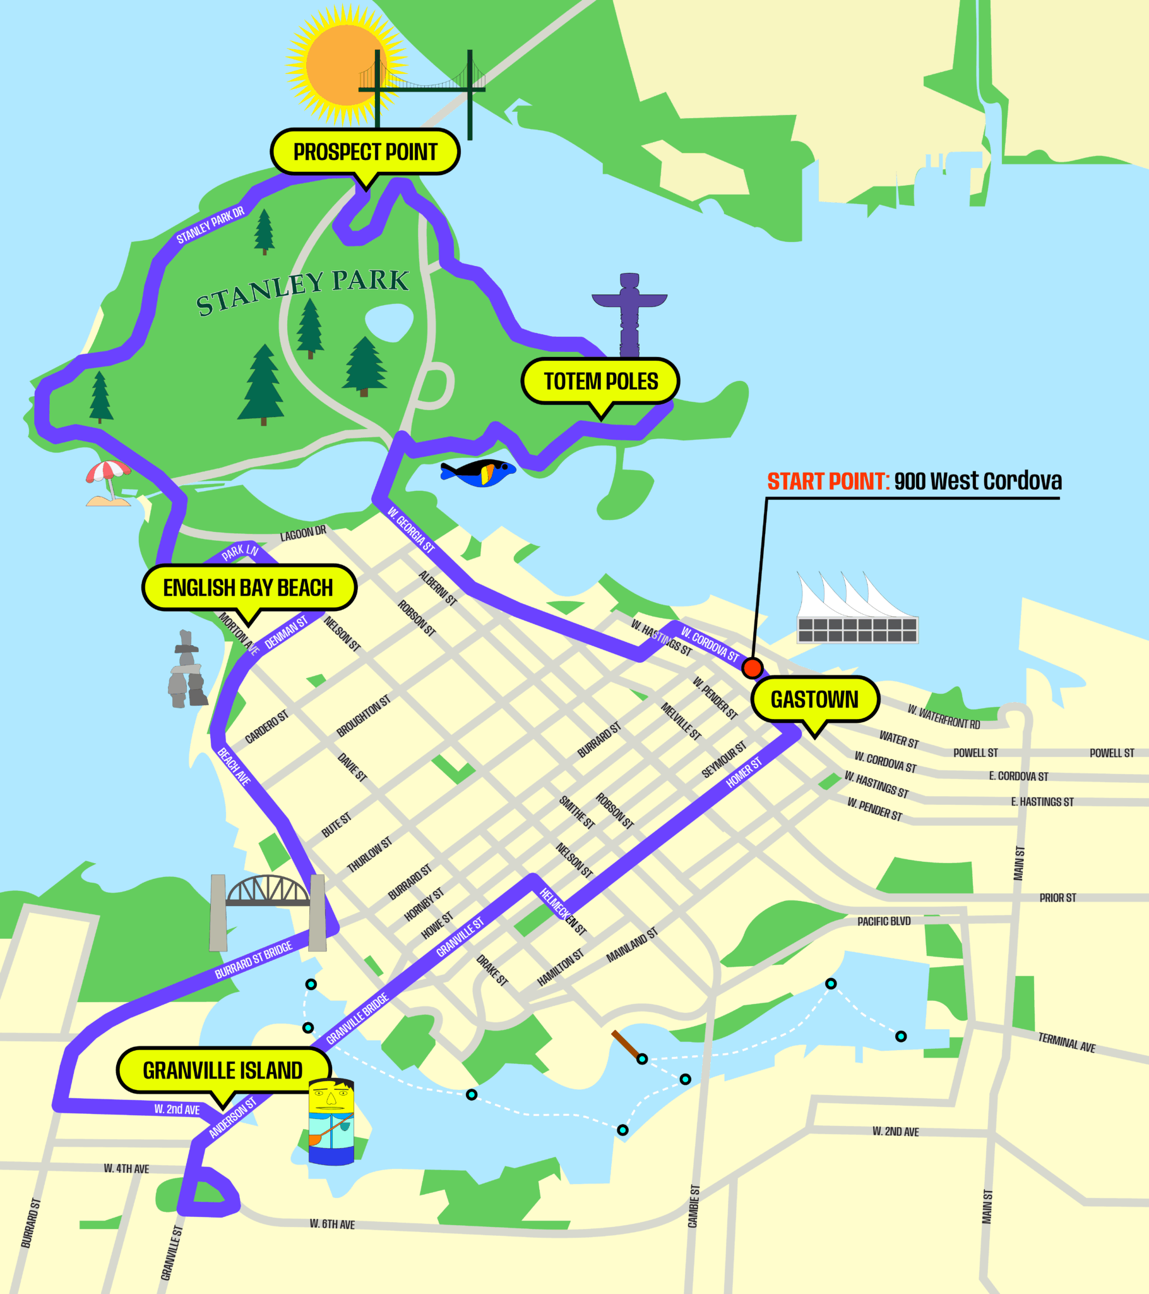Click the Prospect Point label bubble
[x=365, y=152]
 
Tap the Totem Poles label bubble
[x=600, y=381]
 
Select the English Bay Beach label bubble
[x=248, y=588]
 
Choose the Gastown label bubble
[x=814, y=699]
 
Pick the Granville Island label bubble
[x=223, y=1070]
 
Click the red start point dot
[x=753, y=668]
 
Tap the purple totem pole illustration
[x=629, y=313]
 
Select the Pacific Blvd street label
[x=884, y=921]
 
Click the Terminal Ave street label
[x=1066, y=1042]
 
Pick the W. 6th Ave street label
[x=332, y=1224]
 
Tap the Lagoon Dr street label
[x=303, y=534]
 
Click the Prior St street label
[x=1057, y=898]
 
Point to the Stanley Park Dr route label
[x=210, y=226]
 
